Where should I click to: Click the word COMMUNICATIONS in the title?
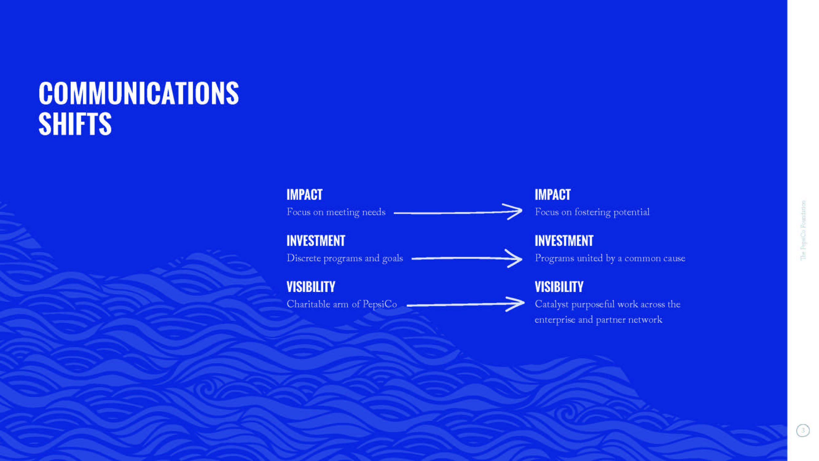pos(139,93)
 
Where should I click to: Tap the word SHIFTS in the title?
pos(75,124)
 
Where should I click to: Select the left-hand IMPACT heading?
pos(304,195)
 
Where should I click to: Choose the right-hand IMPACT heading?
pos(553,195)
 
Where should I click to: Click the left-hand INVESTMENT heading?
pos(316,241)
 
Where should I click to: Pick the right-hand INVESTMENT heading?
pos(564,241)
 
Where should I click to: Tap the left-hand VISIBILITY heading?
pos(311,287)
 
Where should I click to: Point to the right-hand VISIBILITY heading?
pos(559,287)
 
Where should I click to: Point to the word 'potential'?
pos(631,213)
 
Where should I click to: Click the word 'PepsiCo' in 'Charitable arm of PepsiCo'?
pos(380,305)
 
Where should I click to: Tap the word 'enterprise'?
pos(555,320)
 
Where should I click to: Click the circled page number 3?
pos(803,431)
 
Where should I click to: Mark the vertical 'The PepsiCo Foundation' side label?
pos(803,230)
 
